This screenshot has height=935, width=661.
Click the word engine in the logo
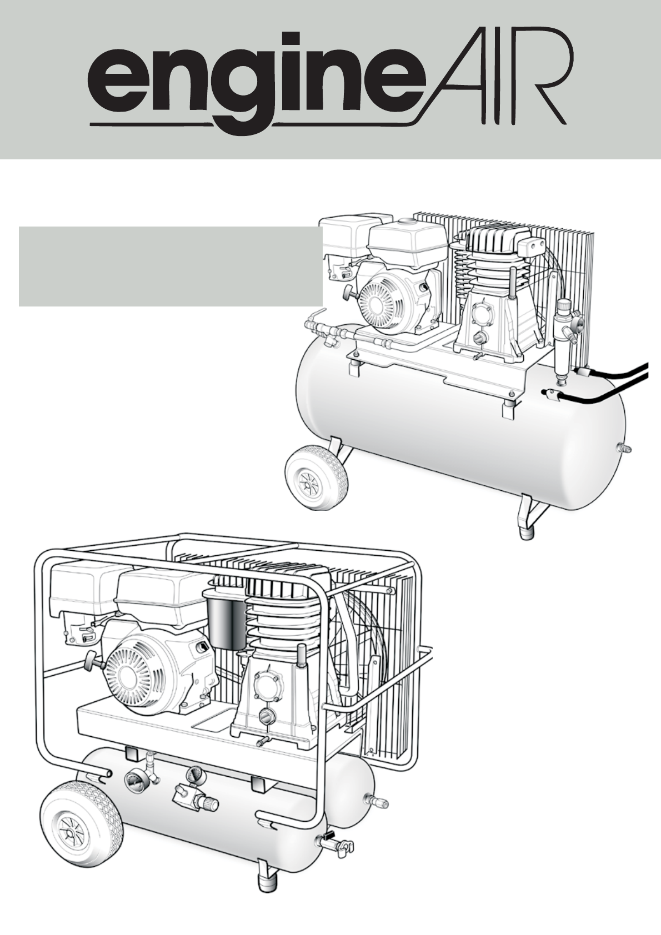[253, 86]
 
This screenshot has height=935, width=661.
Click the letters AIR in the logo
[494, 83]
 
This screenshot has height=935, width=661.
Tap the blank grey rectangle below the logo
[171, 266]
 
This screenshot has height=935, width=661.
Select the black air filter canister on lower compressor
[227, 619]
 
